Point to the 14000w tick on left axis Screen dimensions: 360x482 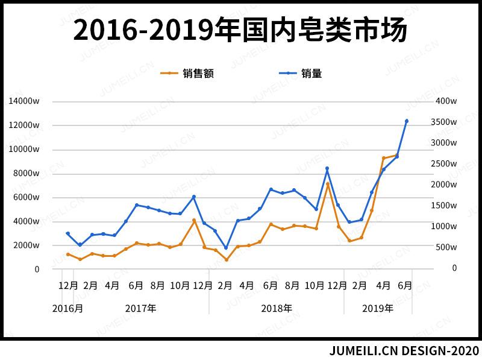pyautogui.click(x=24, y=101)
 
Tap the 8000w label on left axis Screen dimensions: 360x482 pyautogui.click(x=27, y=174)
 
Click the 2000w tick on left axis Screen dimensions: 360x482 pyautogui.click(x=27, y=245)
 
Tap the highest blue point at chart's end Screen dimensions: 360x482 pyautogui.click(x=407, y=121)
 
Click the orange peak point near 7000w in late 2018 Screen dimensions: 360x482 pyautogui.click(x=328, y=184)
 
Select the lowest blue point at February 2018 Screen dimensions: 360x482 pyautogui.click(x=227, y=248)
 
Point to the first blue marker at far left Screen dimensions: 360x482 pyautogui.click(x=67, y=233)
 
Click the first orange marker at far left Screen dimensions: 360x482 pyautogui.click(x=67, y=254)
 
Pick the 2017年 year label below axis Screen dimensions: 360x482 pyautogui.click(x=141, y=308)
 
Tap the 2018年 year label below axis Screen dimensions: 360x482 pyautogui.click(x=277, y=308)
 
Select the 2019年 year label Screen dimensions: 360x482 pyautogui.click(x=378, y=308)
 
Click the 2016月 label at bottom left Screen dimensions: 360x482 pyautogui.click(x=67, y=308)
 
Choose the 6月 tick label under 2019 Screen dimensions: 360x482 pyautogui.click(x=405, y=286)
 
